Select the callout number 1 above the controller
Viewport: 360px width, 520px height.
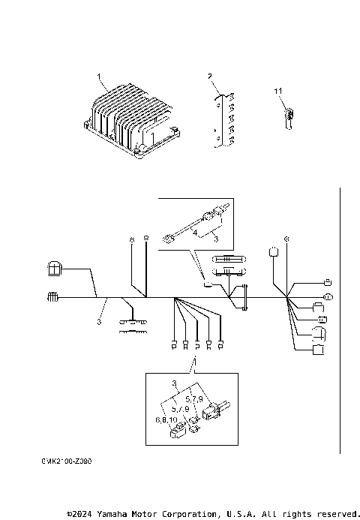(x=98, y=77)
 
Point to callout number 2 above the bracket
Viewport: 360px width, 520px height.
(x=210, y=77)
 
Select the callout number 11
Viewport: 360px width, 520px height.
(x=277, y=91)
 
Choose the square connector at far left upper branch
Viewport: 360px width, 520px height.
(x=55, y=268)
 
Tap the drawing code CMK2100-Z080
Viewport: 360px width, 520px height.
(x=67, y=464)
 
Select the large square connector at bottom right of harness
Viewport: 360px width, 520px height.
(x=318, y=349)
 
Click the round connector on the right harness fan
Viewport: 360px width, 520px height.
(x=327, y=298)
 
